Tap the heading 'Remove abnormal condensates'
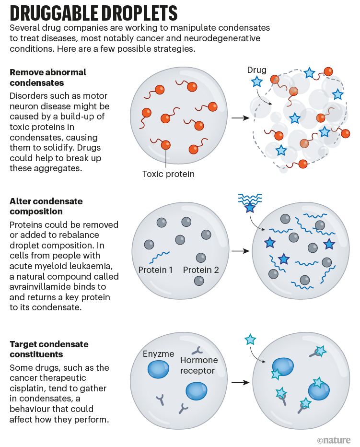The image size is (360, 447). [x=48, y=77]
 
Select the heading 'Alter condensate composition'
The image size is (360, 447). [x=46, y=206]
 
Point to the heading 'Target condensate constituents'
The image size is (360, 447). [x=49, y=349]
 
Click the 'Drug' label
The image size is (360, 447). [x=257, y=71]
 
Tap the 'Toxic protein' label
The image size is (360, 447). [x=168, y=174]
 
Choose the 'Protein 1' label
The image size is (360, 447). [x=155, y=270]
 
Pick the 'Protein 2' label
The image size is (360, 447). [x=201, y=270]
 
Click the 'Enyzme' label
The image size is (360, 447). [x=159, y=354]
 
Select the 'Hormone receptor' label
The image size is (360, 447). [x=199, y=365]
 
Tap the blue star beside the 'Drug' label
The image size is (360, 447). [x=257, y=82]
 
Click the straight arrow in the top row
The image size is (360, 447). [x=240, y=118]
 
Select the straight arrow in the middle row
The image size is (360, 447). [x=240, y=251]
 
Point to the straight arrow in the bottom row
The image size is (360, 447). [x=240, y=383]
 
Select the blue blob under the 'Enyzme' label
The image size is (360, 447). [x=158, y=369]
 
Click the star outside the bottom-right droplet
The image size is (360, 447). [x=250, y=340]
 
